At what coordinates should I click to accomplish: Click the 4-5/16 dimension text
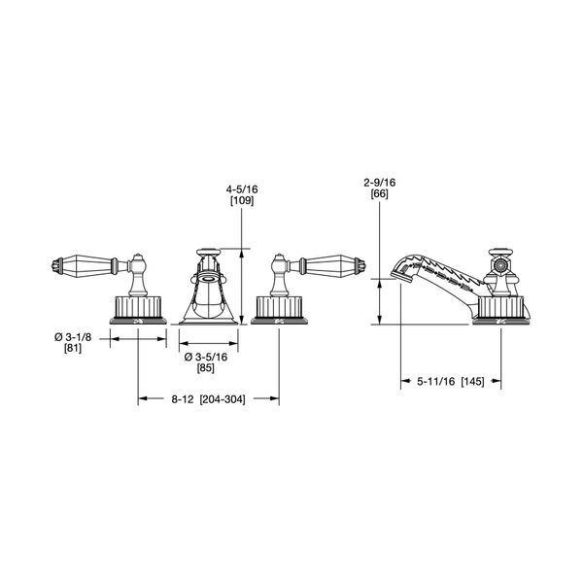tap(242, 189)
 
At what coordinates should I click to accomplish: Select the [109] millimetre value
tap(242, 201)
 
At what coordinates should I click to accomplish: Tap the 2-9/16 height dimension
tap(379, 183)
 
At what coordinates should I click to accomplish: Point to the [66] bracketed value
tap(379, 194)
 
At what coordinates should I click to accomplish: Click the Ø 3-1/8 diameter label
tap(73, 337)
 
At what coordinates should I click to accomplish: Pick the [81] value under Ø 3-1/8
tap(73, 349)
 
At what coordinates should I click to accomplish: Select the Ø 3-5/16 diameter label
tap(206, 357)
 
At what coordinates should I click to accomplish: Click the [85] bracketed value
tap(206, 368)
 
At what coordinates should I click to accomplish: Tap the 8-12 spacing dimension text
tap(183, 399)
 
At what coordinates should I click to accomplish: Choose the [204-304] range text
tap(223, 399)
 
